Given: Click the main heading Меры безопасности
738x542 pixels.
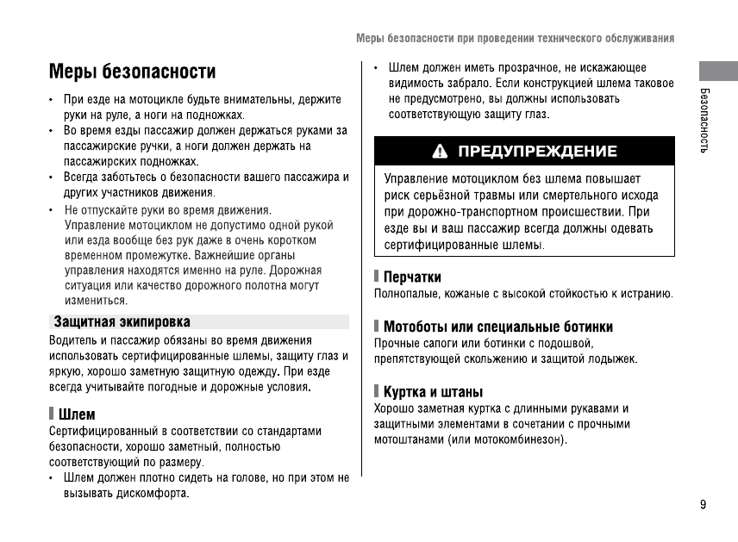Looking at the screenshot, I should coord(132,71).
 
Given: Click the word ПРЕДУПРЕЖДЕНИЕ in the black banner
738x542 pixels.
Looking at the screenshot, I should coord(537,152).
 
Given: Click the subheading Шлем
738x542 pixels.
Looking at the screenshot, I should coord(77,414).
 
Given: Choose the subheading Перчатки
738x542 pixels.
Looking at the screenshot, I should coord(412,277).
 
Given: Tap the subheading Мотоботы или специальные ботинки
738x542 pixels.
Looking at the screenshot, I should coord(498,327).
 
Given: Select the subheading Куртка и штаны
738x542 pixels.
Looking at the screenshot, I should coord(433,392).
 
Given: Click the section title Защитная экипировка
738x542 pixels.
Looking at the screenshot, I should coord(122,321).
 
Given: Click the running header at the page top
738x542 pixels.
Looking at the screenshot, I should coord(515,39).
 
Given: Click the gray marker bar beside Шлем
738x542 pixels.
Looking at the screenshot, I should coord(52,414).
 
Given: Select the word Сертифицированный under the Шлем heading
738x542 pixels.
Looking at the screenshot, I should coord(101,431).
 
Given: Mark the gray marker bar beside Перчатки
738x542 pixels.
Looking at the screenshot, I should coord(377,277).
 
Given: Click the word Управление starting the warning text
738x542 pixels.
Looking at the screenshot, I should coord(416,179).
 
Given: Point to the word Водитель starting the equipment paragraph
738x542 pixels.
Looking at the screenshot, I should coord(72,340).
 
